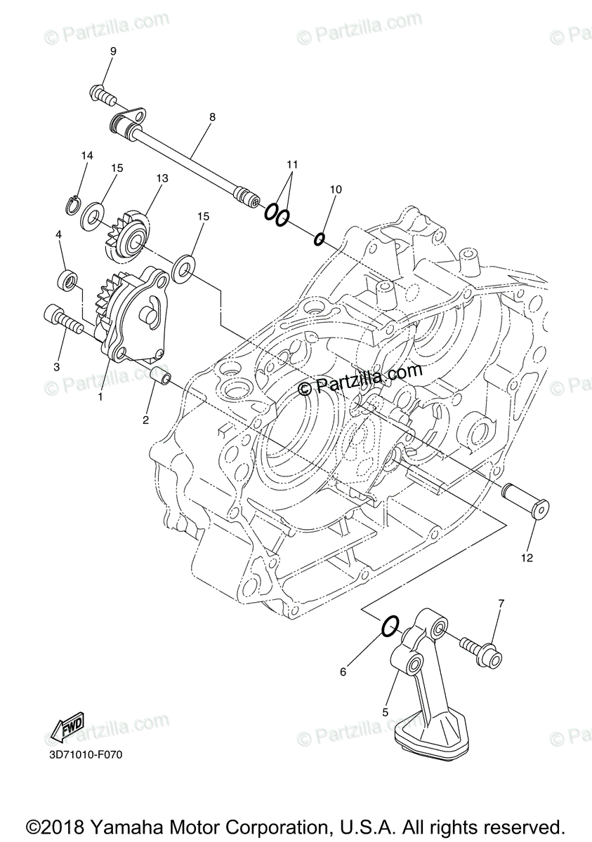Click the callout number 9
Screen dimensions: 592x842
[x=113, y=51]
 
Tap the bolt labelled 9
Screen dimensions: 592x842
[x=102, y=94]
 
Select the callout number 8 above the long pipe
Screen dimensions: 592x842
[x=212, y=117]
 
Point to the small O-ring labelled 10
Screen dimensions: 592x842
[x=319, y=239]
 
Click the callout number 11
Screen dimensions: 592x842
[x=292, y=165]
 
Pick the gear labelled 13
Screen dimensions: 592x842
[x=125, y=236]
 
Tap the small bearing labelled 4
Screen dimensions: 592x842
[x=67, y=281]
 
